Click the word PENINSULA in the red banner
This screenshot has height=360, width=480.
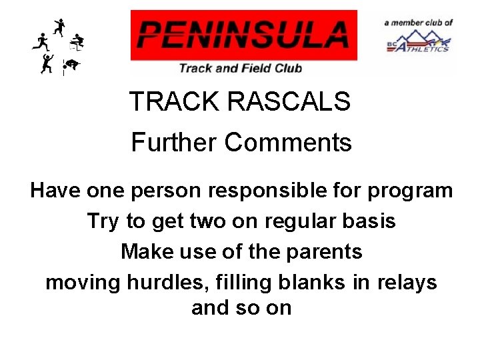(244, 35)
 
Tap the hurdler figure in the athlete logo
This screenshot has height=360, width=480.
(78, 42)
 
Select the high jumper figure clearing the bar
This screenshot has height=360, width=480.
(71, 65)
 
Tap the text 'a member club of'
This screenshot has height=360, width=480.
(419, 22)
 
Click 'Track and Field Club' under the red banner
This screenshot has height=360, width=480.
(240, 67)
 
